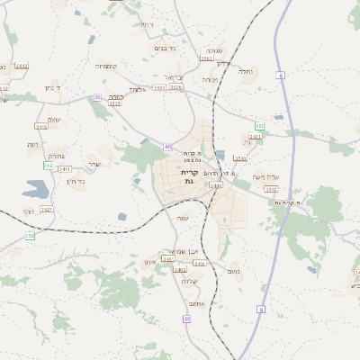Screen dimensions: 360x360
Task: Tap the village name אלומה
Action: point(137,88)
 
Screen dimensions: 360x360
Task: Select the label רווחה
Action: point(114,96)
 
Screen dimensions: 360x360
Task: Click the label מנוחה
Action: point(210,80)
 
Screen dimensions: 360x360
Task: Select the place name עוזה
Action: point(183,219)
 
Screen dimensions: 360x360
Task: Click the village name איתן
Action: point(149,262)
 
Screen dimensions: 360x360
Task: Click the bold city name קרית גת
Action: point(189,176)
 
